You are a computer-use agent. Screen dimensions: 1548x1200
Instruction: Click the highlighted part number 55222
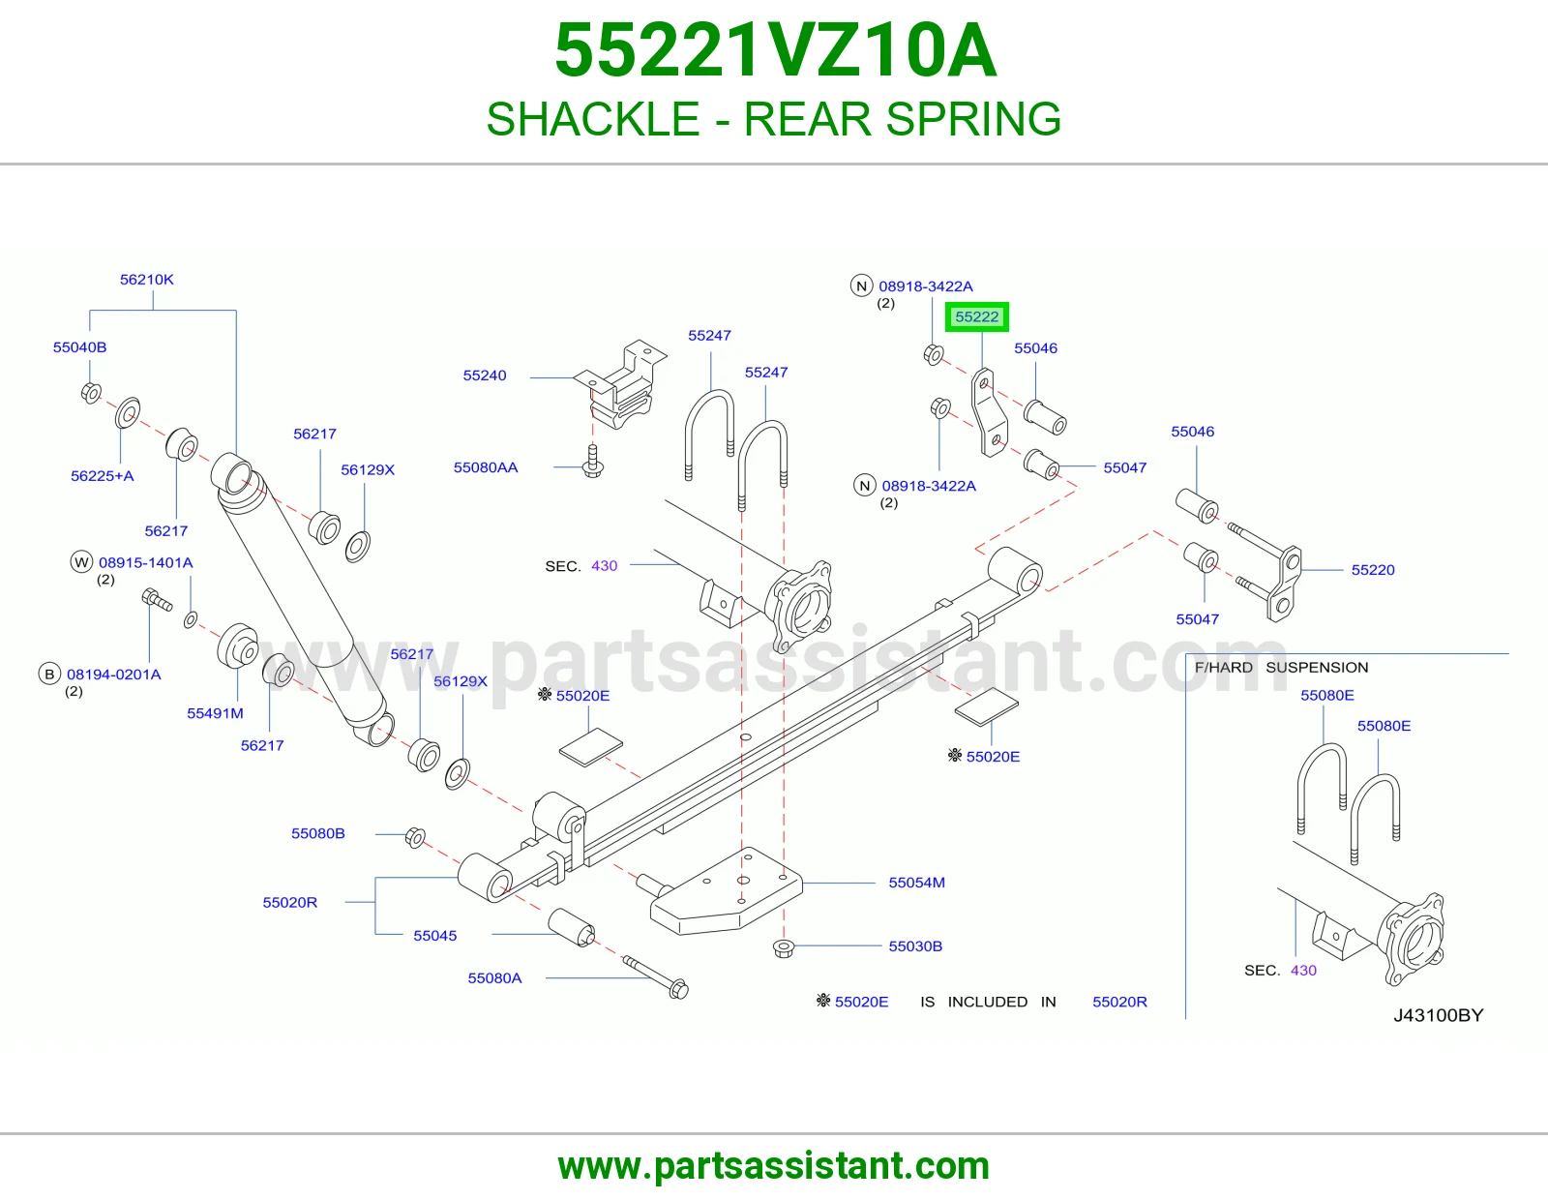(x=976, y=316)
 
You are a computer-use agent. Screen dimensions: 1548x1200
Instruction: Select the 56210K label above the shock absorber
(x=147, y=280)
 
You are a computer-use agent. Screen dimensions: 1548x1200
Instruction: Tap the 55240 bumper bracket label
(x=485, y=375)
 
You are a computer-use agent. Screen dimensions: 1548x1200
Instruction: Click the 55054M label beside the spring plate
(x=917, y=883)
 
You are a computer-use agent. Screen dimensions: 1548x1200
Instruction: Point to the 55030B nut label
(x=915, y=945)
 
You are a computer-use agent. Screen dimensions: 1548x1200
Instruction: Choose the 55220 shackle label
(x=1373, y=570)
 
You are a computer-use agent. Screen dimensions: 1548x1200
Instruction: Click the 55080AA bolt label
(x=486, y=467)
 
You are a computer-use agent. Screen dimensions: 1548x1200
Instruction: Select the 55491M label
(x=215, y=713)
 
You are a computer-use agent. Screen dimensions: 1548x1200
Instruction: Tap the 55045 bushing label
(x=435, y=936)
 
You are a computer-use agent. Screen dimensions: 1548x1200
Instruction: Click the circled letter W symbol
(x=82, y=562)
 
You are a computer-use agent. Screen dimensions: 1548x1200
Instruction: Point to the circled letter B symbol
(x=49, y=675)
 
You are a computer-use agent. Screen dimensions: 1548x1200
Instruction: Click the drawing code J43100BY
(x=1439, y=1015)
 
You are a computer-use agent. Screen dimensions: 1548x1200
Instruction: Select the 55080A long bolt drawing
(x=655, y=977)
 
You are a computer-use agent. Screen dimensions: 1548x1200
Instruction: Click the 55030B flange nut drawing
(x=784, y=948)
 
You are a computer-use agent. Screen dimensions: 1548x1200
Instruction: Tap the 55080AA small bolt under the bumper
(x=593, y=462)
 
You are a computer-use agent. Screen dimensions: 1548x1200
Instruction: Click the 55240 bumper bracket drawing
(x=620, y=385)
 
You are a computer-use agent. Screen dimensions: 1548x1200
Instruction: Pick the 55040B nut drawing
(x=91, y=393)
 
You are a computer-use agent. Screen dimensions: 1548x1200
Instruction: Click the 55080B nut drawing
(x=415, y=837)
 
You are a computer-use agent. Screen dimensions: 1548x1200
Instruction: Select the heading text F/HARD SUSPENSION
(x=1282, y=668)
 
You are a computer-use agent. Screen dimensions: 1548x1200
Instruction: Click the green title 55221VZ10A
(x=775, y=50)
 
